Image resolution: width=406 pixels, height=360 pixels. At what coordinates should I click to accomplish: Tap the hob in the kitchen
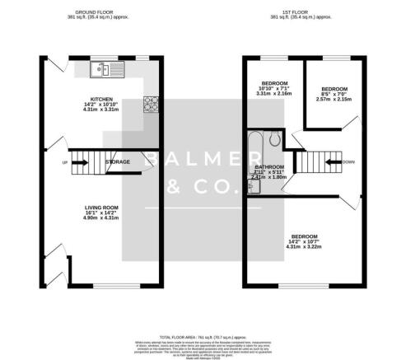click(152, 104)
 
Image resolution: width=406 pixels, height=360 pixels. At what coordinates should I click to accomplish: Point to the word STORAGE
click(117, 162)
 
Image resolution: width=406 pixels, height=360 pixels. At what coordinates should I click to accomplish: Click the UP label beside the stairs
click(64, 162)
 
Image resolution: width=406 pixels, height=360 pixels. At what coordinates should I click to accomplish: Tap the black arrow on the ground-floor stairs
click(81, 162)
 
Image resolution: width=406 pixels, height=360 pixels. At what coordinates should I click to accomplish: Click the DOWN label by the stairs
click(349, 162)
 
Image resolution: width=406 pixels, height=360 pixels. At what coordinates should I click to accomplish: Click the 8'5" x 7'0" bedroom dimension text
click(335, 95)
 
